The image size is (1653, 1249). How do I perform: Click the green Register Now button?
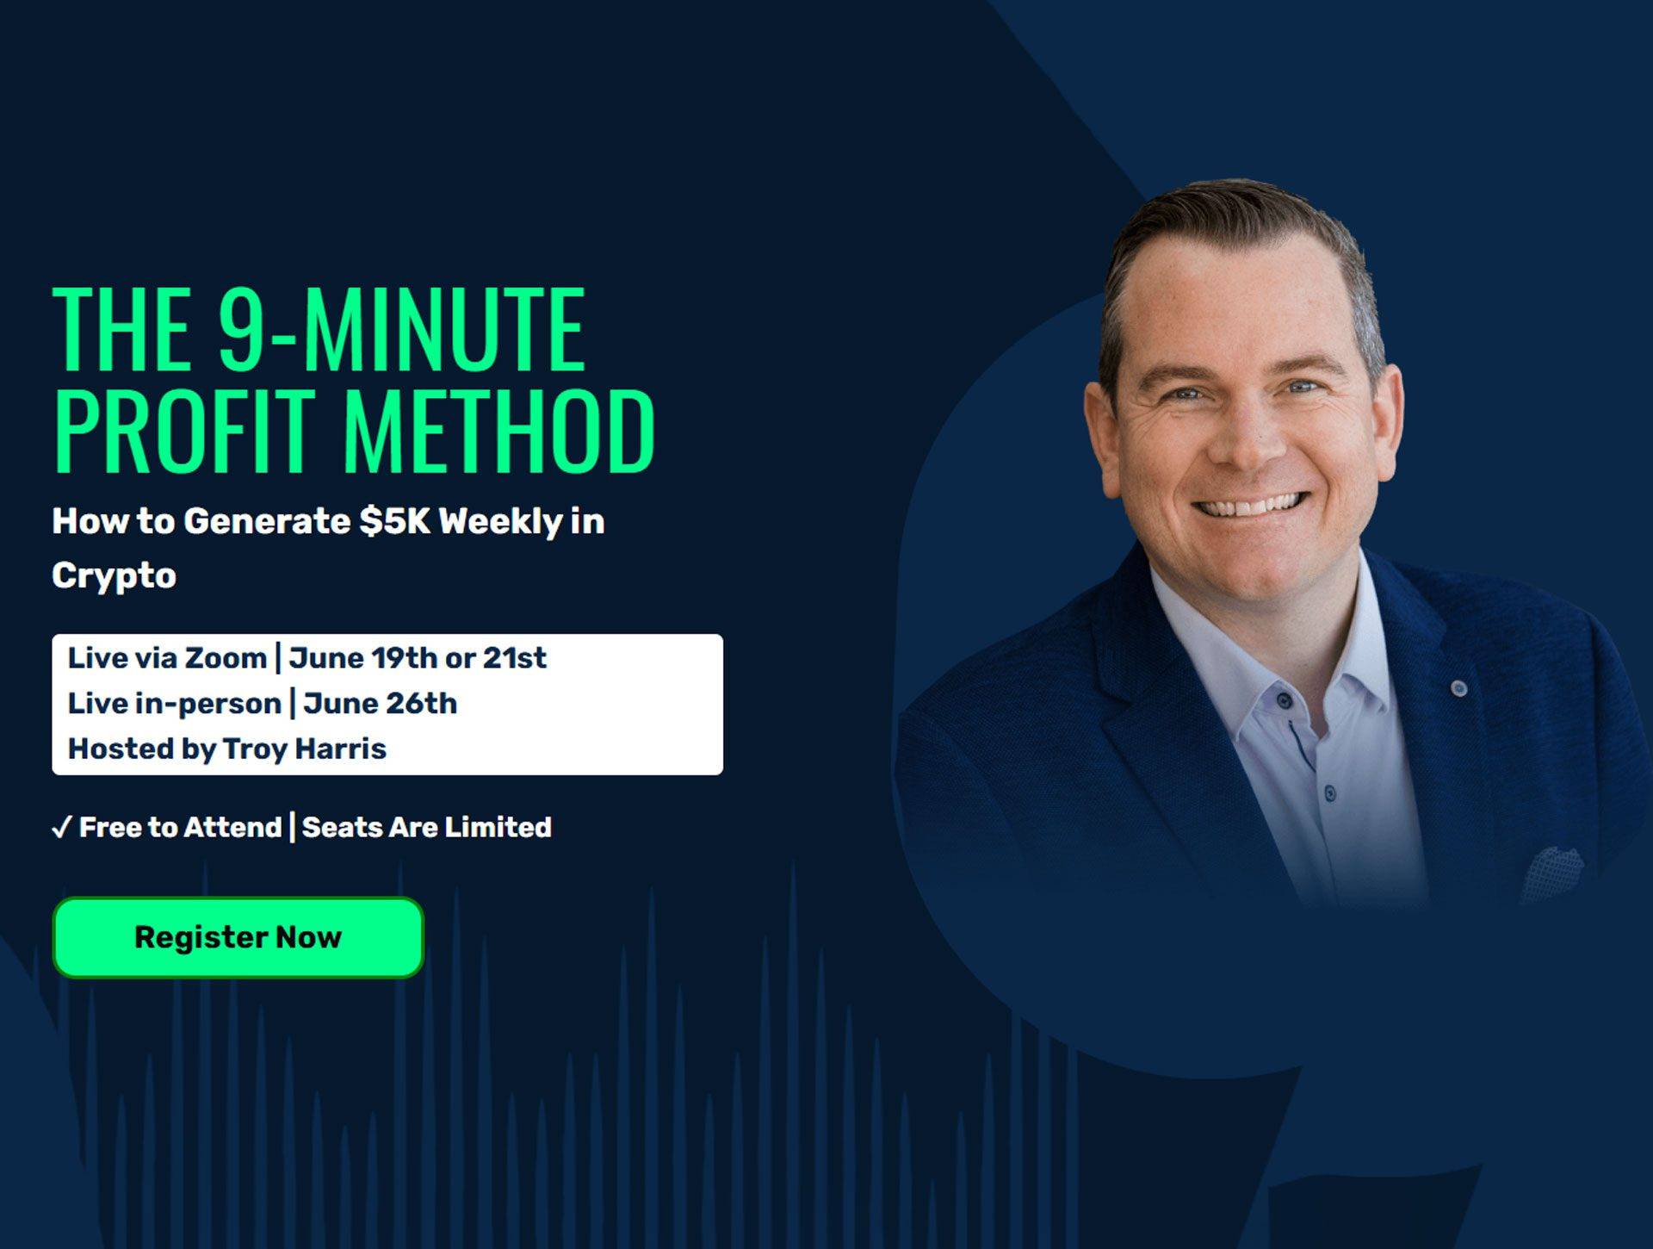[x=238, y=937]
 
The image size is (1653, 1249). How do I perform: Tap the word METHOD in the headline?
[x=499, y=430]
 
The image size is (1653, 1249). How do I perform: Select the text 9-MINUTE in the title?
[x=401, y=329]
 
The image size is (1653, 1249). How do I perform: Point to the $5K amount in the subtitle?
[x=395, y=521]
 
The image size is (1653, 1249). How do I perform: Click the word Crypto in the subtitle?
[x=114, y=576]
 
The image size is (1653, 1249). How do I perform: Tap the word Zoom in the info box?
[x=226, y=658]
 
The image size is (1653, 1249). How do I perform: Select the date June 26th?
[x=380, y=704]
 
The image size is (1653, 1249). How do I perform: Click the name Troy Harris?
[x=305, y=749]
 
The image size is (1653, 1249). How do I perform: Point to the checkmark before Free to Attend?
[x=61, y=828]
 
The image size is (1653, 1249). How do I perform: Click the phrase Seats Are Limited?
[x=427, y=827]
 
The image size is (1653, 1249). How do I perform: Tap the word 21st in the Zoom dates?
[x=514, y=658]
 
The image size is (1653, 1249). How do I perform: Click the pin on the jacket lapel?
[x=1458, y=687]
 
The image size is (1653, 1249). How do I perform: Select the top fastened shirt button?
[x=1284, y=699]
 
